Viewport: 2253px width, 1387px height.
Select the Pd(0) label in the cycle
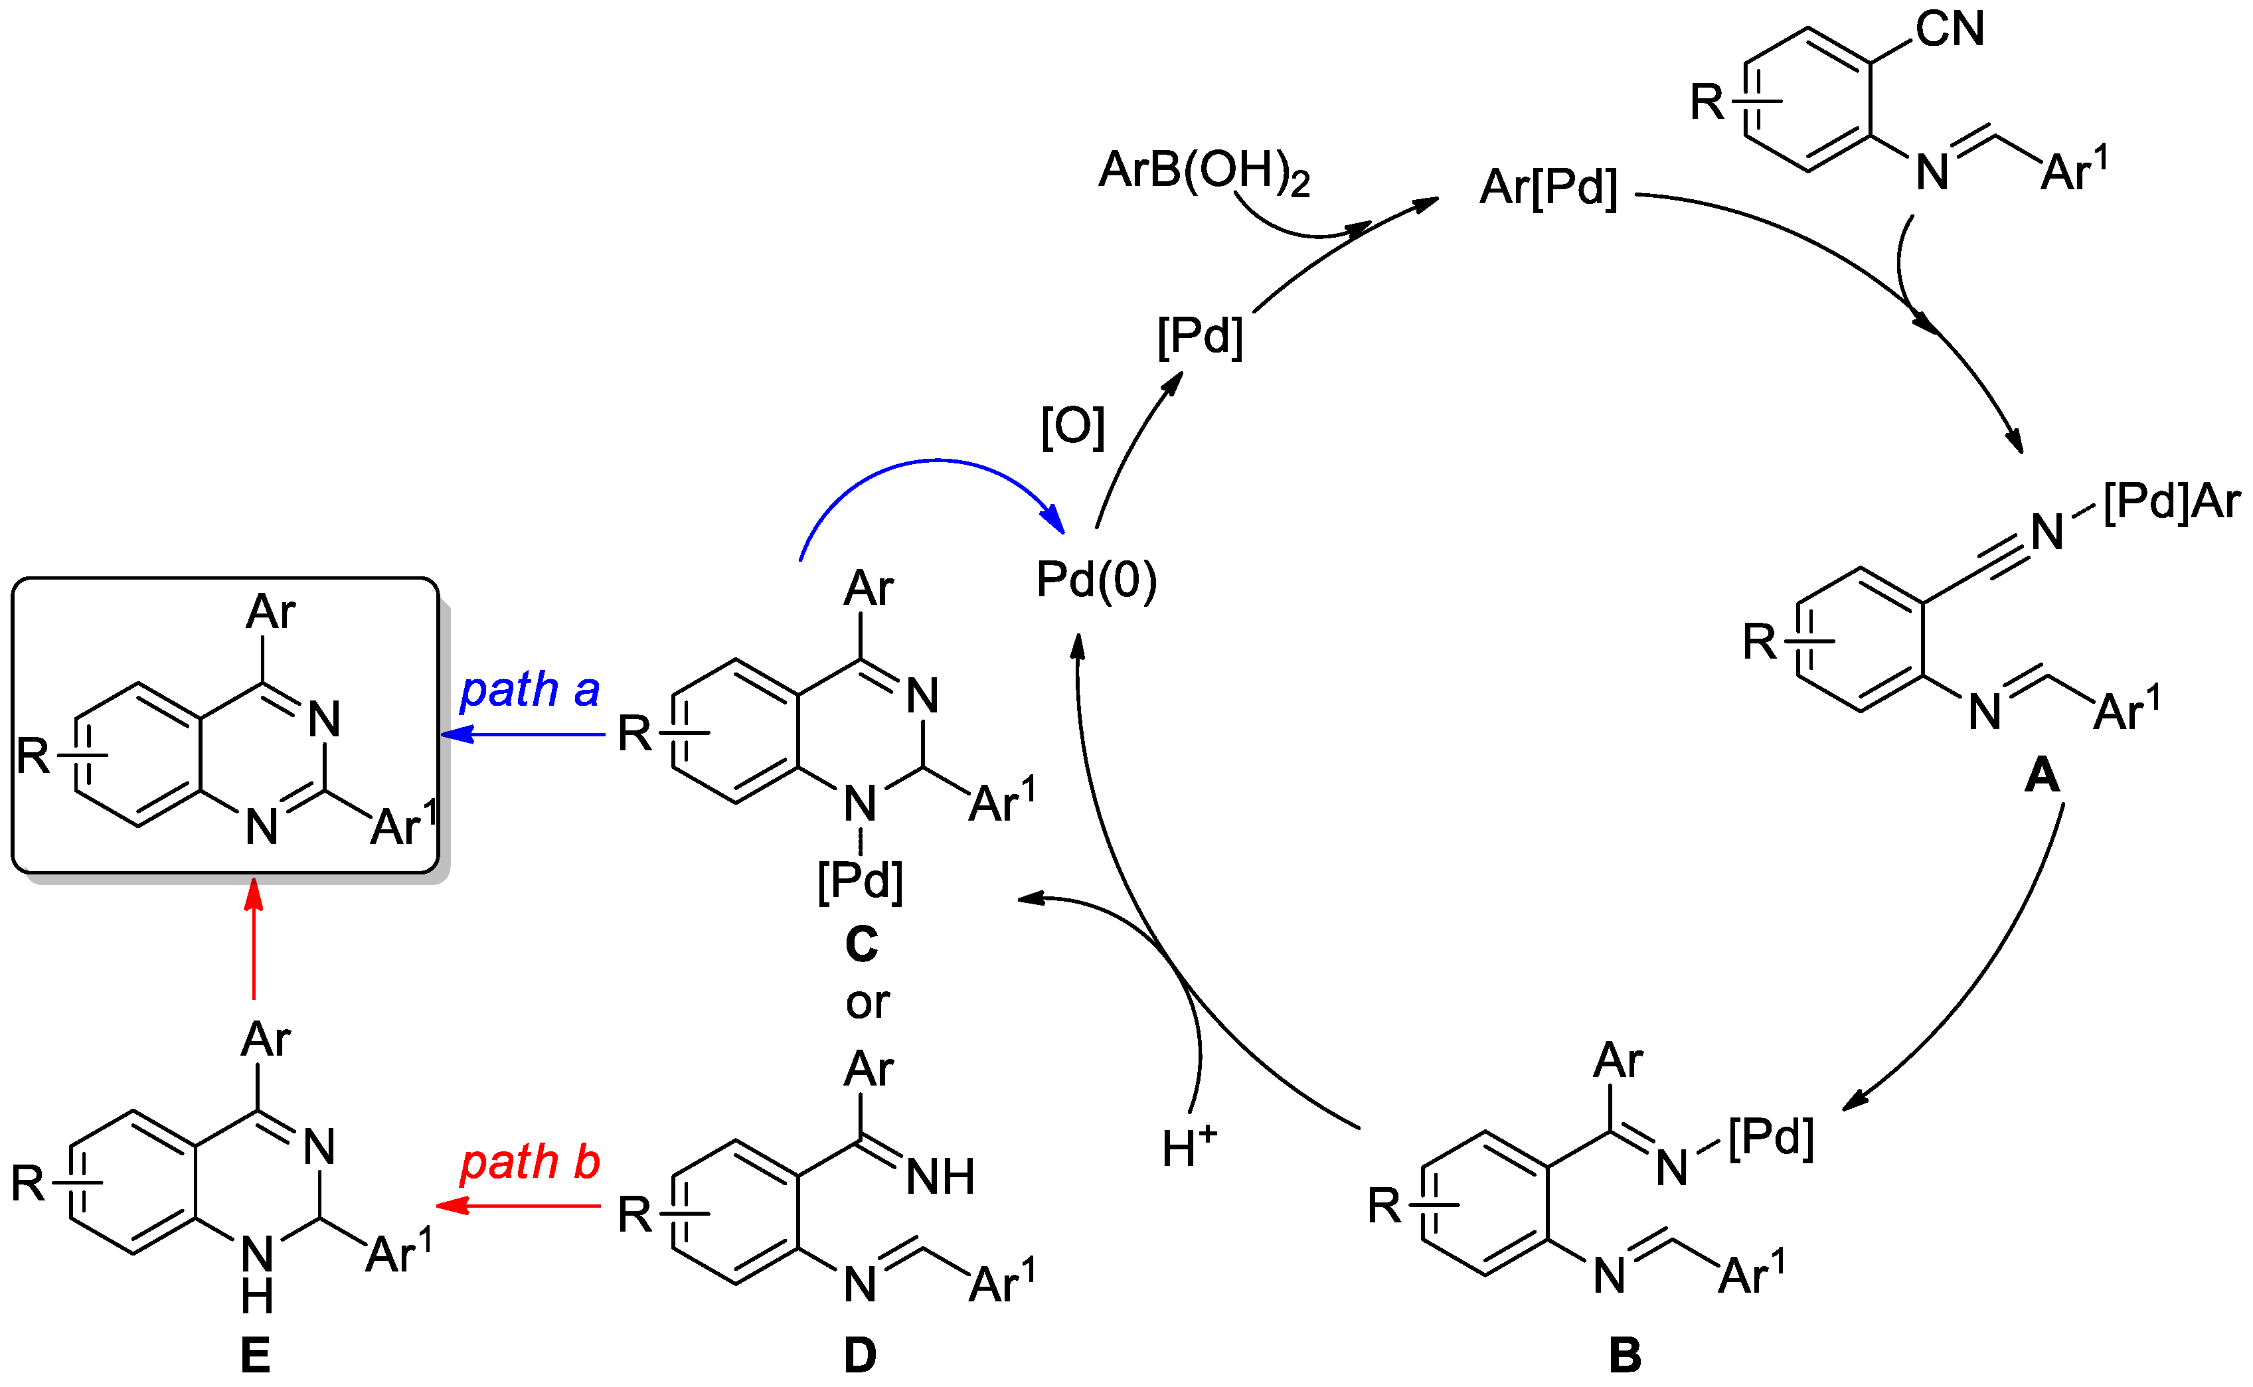pyautogui.click(x=1096, y=580)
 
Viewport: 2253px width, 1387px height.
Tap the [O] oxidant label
pyautogui.click(x=1072, y=426)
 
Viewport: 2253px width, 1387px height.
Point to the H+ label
pyautogui.click(x=1189, y=1147)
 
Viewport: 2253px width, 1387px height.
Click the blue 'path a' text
pyautogui.click(x=529, y=690)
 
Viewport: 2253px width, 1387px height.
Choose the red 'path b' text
pyautogui.click(x=529, y=1163)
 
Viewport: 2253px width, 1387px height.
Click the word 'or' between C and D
pyautogui.click(x=867, y=1003)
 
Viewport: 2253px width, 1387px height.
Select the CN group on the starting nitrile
pyautogui.click(x=1950, y=29)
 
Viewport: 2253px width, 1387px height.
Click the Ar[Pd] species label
pyautogui.click(x=1548, y=188)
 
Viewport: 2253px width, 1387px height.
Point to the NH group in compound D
pyautogui.click(x=940, y=1177)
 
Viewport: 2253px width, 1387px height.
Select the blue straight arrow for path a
pyautogui.click(x=523, y=735)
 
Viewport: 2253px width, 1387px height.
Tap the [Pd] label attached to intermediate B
pyautogui.click(x=1770, y=1137)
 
